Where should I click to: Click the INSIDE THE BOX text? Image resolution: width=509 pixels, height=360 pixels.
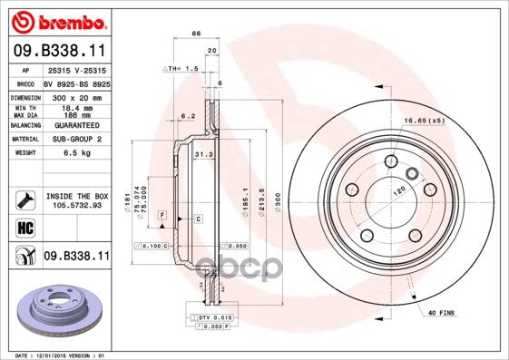(x=77, y=196)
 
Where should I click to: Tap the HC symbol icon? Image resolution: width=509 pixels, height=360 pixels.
(x=24, y=227)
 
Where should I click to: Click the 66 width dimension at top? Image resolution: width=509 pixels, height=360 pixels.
(x=196, y=33)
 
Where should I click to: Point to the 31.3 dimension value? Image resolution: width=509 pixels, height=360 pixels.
(x=203, y=155)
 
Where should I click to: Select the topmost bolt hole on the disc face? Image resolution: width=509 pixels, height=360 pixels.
(x=391, y=161)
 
